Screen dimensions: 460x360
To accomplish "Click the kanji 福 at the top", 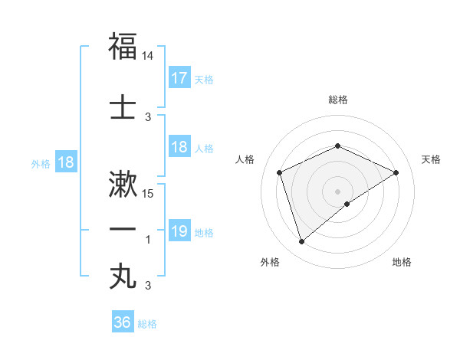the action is click(x=123, y=46).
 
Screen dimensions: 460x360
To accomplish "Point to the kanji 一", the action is click(x=123, y=229).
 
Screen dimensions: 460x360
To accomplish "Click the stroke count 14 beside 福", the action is click(x=148, y=56).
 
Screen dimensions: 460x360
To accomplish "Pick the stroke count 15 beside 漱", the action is click(x=149, y=193).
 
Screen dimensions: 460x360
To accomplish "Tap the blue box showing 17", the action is click(x=179, y=78).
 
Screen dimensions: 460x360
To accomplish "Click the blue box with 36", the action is click(x=123, y=322).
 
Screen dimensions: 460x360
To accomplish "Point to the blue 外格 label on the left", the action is click(x=40, y=163).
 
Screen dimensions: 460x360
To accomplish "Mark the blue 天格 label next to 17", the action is click(x=203, y=79).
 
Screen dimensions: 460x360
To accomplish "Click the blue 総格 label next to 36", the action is click(x=147, y=323).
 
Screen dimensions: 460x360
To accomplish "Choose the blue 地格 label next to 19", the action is click(x=203, y=232).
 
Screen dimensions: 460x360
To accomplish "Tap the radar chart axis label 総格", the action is click(x=337, y=100).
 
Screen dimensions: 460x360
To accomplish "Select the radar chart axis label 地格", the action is click(x=401, y=262).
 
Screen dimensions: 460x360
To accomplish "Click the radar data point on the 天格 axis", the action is click(x=396, y=172).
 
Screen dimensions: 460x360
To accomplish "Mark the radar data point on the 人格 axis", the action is click(x=280, y=172).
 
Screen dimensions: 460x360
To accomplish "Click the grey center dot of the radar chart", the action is click(x=337, y=191).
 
